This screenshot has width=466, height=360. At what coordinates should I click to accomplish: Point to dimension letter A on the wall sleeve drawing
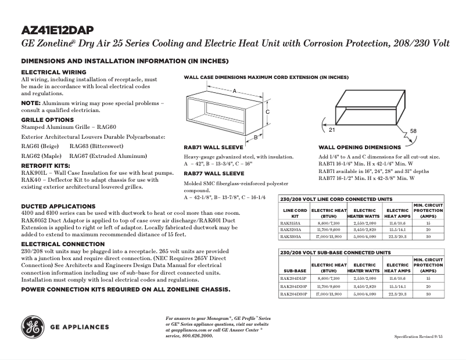click(x=234, y=91)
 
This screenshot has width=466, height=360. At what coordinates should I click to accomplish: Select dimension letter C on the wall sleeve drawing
click(x=267, y=111)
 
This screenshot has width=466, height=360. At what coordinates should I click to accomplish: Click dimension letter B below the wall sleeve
click(x=255, y=138)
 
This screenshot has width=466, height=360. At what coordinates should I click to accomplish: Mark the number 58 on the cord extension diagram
click(x=413, y=131)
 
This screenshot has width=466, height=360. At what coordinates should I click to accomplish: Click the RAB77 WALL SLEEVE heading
click(x=213, y=173)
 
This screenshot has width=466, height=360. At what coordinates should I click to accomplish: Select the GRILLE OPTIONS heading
click(x=47, y=120)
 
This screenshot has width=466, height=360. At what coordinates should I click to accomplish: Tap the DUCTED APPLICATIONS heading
click(x=54, y=206)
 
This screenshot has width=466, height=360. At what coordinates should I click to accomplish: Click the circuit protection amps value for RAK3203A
click(x=428, y=229)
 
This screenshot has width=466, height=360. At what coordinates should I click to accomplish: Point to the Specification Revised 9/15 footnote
click(x=423, y=337)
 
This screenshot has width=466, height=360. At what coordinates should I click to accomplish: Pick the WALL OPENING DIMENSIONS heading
click(x=359, y=147)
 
